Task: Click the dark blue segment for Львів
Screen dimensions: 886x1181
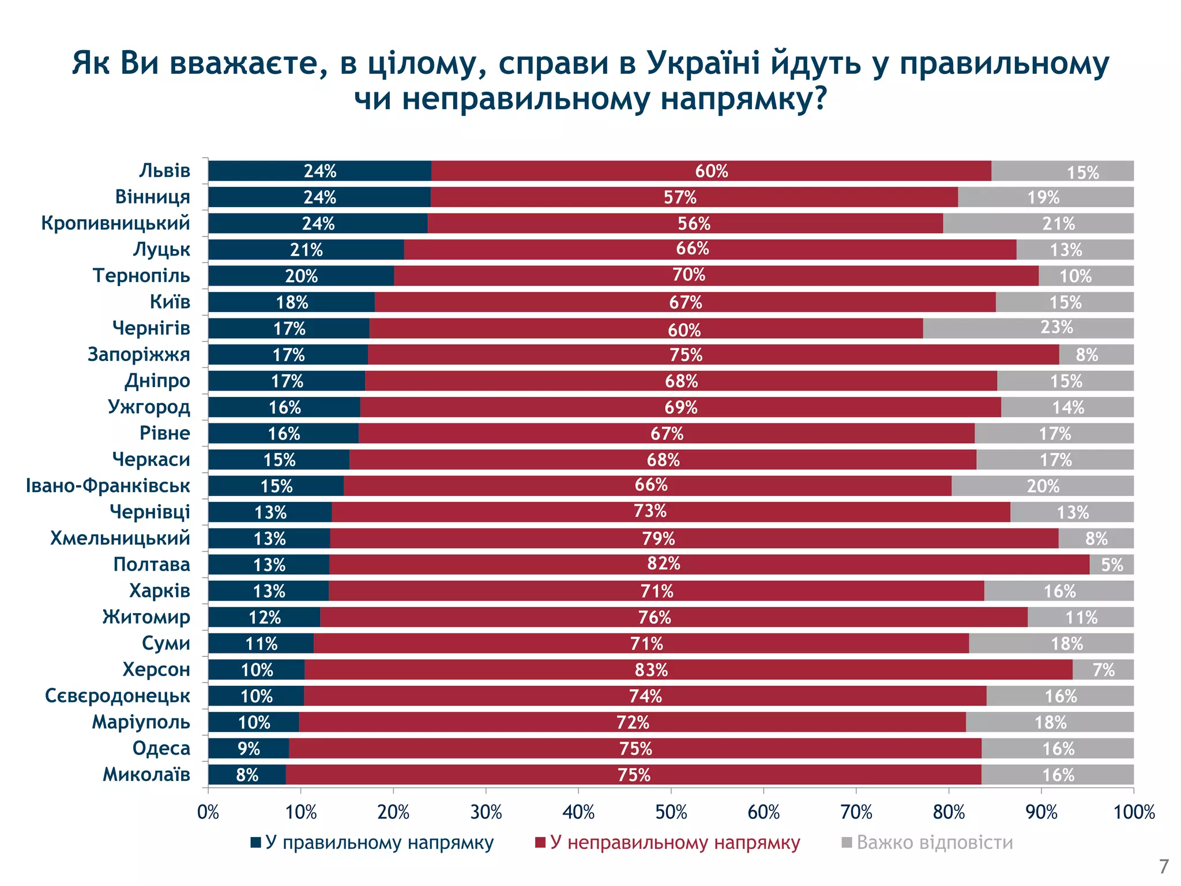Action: point(319,171)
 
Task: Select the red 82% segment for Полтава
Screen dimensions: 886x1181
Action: point(709,564)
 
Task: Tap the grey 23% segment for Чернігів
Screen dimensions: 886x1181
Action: point(1028,328)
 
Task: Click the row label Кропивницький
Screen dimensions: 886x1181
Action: point(115,223)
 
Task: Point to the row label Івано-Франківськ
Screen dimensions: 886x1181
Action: point(108,486)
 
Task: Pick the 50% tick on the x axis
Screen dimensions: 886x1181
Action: point(671,813)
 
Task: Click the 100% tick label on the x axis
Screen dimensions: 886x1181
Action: point(1134,813)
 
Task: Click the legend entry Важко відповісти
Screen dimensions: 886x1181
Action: point(934,843)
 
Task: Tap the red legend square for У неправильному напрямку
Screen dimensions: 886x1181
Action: point(540,843)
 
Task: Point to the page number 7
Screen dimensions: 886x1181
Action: point(1164,867)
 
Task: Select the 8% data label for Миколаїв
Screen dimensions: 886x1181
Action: point(247,775)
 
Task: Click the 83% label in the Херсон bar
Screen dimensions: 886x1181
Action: point(651,670)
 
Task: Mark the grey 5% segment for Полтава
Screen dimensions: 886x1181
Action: point(1112,564)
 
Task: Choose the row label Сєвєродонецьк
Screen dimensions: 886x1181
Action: point(118,696)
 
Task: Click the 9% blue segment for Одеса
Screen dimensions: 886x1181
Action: point(249,748)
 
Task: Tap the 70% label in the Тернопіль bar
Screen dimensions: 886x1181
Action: point(689,275)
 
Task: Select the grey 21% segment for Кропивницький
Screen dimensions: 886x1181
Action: point(1038,223)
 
